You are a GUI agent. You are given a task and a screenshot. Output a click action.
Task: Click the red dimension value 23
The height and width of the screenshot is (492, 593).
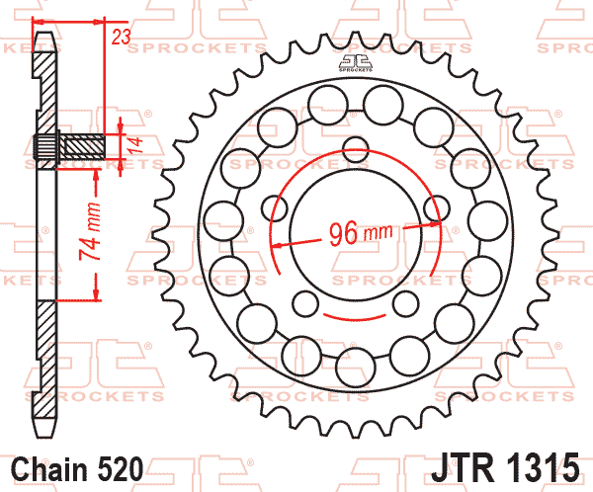coord(121,37)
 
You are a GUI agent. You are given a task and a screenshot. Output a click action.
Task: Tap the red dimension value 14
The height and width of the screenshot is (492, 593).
coord(135,145)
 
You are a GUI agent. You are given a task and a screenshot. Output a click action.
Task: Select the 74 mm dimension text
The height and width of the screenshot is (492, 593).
coord(90,231)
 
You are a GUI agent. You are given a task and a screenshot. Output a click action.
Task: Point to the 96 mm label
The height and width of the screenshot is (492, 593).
coord(361,233)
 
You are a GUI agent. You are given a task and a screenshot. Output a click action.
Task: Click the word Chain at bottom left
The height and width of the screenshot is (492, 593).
coord(49,469)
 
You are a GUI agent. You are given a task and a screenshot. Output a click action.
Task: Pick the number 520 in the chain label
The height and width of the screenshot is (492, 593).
coord(121,469)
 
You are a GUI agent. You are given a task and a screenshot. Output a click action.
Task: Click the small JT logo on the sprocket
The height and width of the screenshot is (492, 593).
coord(356,63)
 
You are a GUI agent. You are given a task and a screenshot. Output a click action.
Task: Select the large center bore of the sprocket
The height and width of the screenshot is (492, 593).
coord(356,234)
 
